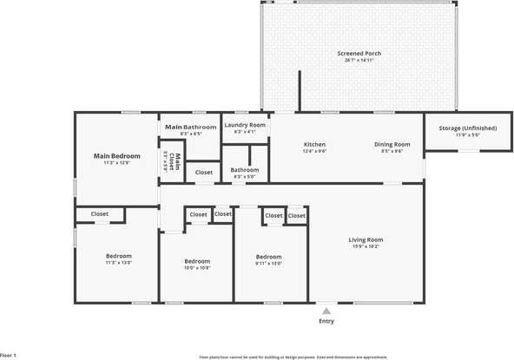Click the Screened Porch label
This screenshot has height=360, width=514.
click(x=359, y=54)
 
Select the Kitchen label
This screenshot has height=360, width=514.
click(x=314, y=144)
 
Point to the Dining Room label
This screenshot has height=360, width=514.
click(x=392, y=144)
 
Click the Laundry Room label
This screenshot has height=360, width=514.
click(x=245, y=126)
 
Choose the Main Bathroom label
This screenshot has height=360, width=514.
click(x=190, y=128)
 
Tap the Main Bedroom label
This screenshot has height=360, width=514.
click(x=116, y=156)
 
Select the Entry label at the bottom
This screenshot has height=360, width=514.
click(x=326, y=321)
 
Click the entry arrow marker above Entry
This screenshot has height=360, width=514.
click(x=326, y=308)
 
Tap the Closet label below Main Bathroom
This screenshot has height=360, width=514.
click(x=203, y=173)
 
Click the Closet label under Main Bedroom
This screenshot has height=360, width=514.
click(x=100, y=213)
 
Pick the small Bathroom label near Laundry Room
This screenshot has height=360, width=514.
click(x=245, y=170)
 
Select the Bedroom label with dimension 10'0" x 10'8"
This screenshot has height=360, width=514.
click(x=197, y=261)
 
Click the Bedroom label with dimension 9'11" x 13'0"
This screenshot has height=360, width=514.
click(x=268, y=257)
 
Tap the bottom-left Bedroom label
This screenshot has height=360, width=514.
click(x=119, y=256)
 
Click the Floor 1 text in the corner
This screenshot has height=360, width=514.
click(x=9, y=355)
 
